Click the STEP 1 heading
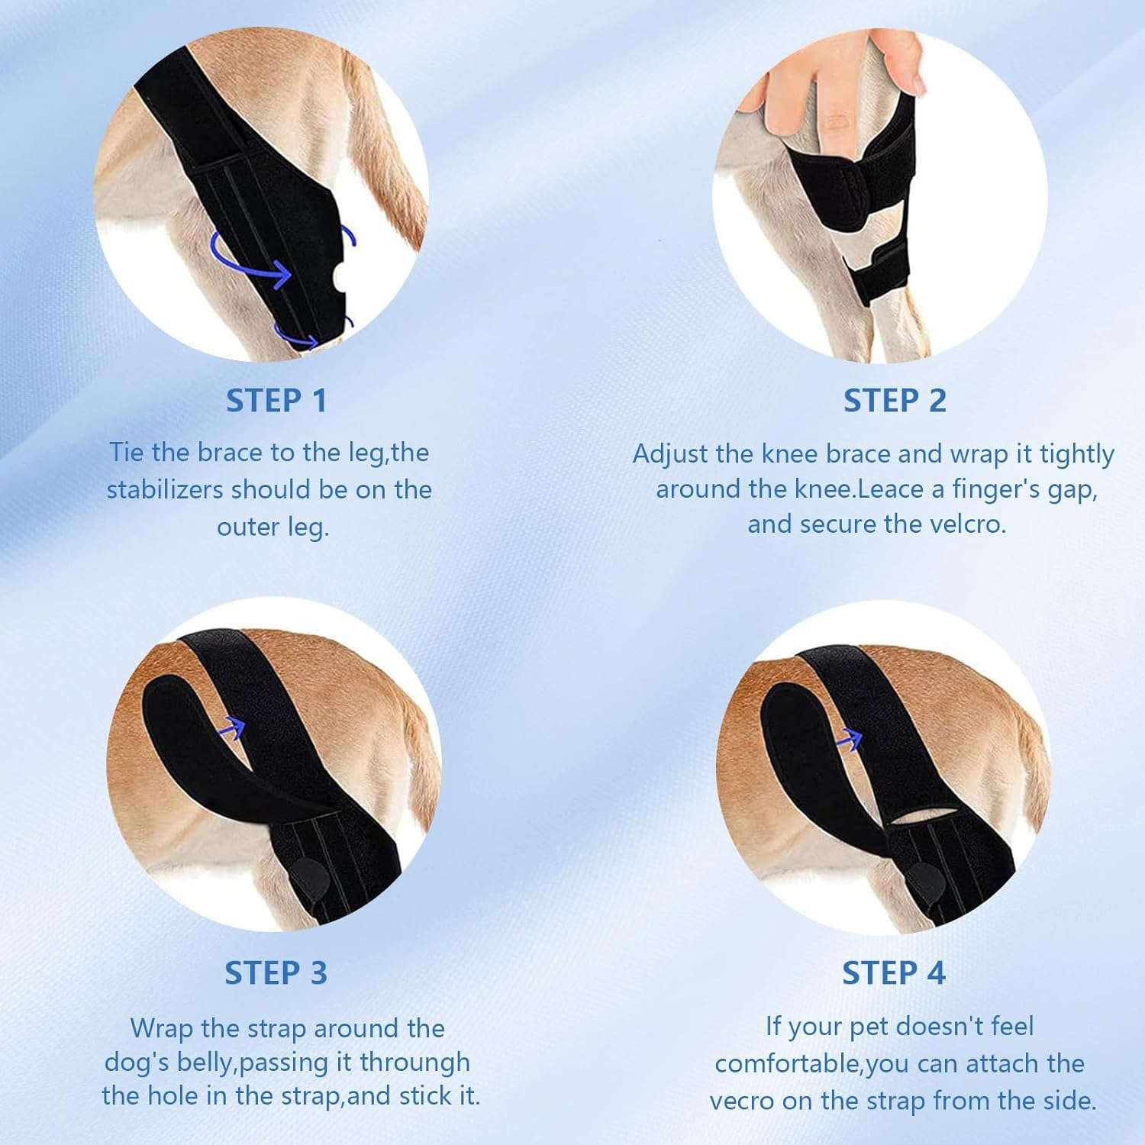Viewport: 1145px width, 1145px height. click(x=276, y=401)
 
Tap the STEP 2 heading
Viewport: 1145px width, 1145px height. click(x=895, y=401)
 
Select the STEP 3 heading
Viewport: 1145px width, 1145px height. click(x=276, y=973)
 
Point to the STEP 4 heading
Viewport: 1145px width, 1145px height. click(x=894, y=973)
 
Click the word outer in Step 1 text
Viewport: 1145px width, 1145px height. click(x=248, y=527)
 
